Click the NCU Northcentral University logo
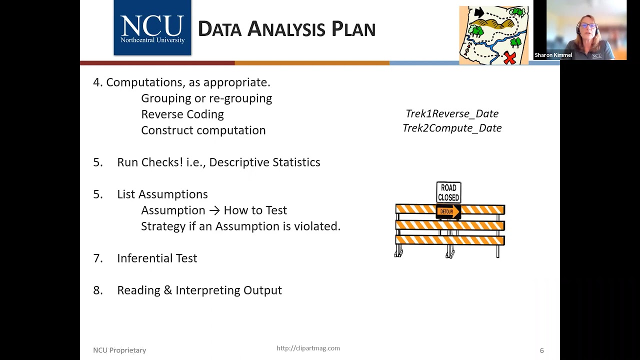[152, 28]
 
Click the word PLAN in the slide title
[353, 29]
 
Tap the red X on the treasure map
[509, 57]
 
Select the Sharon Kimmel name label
[553, 55]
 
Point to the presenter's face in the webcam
[586, 25]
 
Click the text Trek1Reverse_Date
[451, 114]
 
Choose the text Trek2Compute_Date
[451, 128]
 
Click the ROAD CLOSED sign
[448, 192]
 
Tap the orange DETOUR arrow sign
[448, 212]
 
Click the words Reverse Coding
[182, 114]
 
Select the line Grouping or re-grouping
[206, 98]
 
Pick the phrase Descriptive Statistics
[264, 162]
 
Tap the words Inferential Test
[157, 258]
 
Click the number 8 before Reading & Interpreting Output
[97, 290]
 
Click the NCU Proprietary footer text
[119, 350]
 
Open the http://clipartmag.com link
[308, 348]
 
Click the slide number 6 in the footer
[541, 350]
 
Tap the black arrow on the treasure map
[479, 12]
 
